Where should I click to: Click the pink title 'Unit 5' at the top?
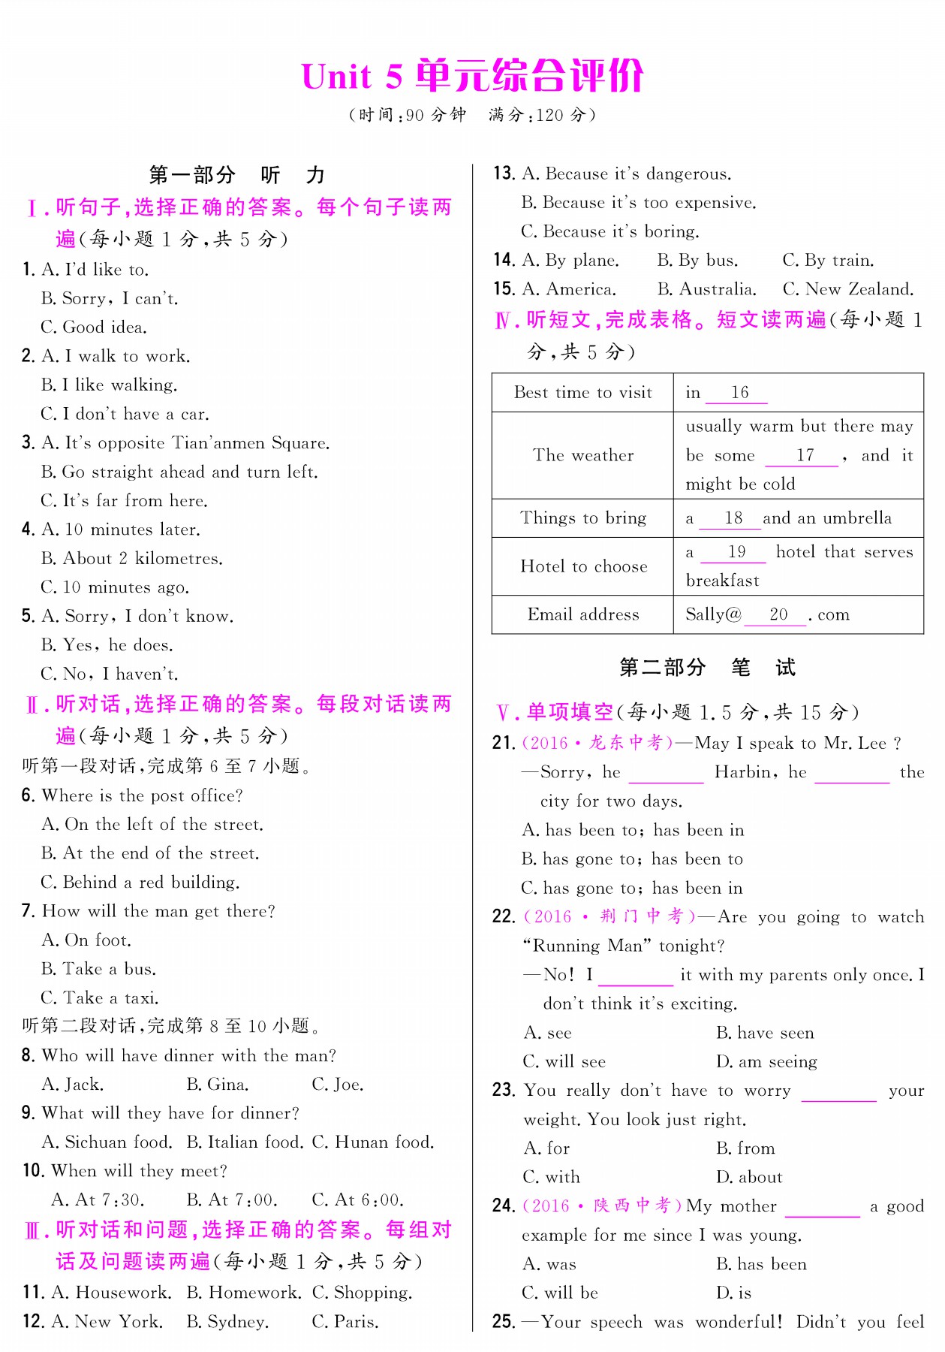[x=351, y=77]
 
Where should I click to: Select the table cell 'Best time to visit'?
[x=582, y=392]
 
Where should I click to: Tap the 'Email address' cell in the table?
[x=582, y=614]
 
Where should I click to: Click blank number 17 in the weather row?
[x=805, y=455]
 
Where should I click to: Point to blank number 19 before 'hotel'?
[x=736, y=552]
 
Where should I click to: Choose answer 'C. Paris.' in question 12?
[x=345, y=1321]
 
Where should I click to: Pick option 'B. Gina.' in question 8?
[x=218, y=1084]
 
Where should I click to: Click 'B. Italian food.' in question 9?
[x=245, y=1142]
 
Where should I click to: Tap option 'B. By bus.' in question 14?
[x=697, y=260]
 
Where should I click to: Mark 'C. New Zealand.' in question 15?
[x=848, y=289]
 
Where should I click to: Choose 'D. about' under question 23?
[x=749, y=1177]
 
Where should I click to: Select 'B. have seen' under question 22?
[x=765, y=1033]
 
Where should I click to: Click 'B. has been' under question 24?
[x=761, y=1264]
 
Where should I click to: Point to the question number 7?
[x=28, y=911]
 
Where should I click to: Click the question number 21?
[x=503, y=743]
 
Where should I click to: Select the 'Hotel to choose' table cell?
[x=582, y=566]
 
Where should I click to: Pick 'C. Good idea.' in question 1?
[x=94, y=327]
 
